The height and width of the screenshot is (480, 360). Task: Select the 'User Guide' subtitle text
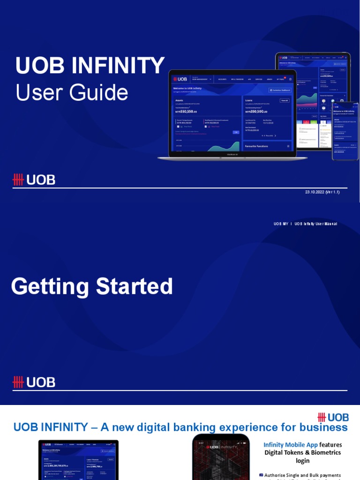[72, 92]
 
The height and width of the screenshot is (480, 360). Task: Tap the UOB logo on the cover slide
[34, 180]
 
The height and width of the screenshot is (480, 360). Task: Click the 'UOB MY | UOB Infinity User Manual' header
[305, 224]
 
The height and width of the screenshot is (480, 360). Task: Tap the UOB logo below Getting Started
[34, 382]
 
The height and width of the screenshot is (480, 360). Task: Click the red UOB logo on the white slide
[333, 417]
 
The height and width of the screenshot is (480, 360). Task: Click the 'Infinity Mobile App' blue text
[291, 445]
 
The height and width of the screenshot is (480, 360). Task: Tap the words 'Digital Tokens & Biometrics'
[302, 453]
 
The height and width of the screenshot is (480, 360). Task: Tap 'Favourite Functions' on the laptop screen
[256, 146]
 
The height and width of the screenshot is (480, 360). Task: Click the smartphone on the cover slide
[345, 131]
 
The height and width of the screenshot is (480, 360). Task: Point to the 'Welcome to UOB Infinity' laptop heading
[187, 88]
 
